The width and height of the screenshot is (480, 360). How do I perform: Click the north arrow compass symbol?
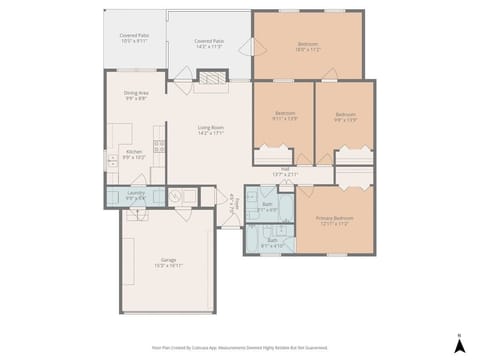(458, 345)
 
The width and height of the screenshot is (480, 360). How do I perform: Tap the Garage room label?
(168, 262)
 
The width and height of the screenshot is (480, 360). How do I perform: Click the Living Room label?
(210, 130)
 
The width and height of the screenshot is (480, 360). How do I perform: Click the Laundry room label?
(136, 195)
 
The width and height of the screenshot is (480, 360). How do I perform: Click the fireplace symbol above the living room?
(210, 76)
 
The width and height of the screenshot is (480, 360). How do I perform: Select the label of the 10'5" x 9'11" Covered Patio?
(134, 39)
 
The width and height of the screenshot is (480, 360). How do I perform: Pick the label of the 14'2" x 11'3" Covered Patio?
(209, 43)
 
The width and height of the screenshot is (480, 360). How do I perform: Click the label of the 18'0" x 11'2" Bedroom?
(308, 46)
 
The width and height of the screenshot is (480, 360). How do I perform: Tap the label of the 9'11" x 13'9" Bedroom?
(285, 116)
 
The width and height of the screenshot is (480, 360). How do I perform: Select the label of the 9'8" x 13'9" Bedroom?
(345, 116)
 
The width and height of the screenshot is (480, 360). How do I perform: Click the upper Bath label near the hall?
(267, 207)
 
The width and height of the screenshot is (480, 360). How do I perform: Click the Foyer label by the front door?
(234, 203)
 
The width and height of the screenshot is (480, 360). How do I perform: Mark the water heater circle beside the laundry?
(176, 197)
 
